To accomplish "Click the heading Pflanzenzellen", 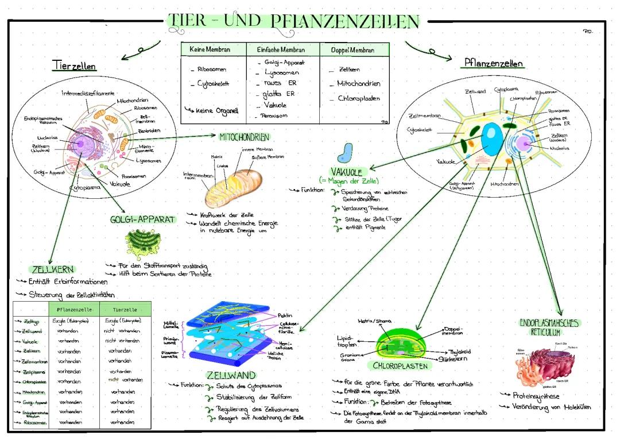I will [x=493, y=63].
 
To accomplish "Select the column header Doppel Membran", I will [x=353, y=50].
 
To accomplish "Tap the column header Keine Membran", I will [x=213, y=50].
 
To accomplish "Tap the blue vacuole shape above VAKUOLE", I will [x=345, y=153].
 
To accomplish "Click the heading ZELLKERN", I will [x=52, y=269].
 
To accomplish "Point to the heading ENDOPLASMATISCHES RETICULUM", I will [x=548, y=327].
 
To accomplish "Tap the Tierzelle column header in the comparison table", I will [x=125, y=309].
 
